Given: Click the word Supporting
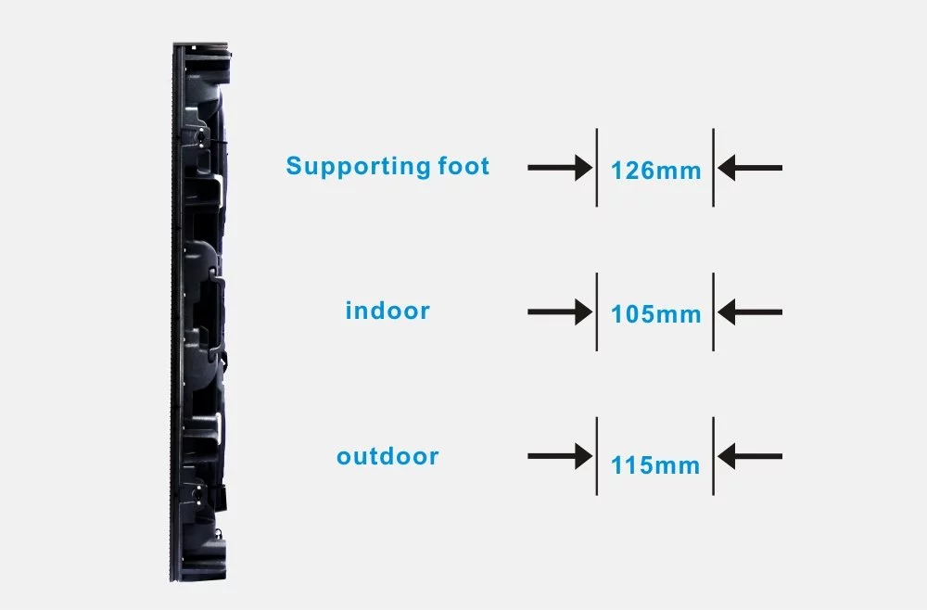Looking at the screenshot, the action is click(x=358, y=167).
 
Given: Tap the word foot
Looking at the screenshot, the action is click(x=464, y=166).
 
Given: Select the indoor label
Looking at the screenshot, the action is click(x=387, y=310).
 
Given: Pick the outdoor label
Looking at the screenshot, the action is click(x=387, y=456).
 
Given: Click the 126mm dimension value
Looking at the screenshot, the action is click(x=655, y=171).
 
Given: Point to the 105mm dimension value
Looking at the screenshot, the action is click(x=655, y=314).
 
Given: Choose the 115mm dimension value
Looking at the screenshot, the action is click(x=655, y=465).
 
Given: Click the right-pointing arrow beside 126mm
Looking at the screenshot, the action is click(x=560, y=168).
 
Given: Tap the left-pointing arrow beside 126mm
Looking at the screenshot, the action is click(x=750, y=168).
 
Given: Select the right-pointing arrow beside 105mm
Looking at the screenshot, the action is click(x=560, y=312).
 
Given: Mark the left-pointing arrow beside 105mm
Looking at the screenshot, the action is click(x=750, y=312).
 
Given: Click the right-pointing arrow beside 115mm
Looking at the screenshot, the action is click(x=560, y=456).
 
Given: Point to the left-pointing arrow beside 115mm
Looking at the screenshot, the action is click(x=750, y=456).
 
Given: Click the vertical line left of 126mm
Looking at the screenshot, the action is click(x=596, y=167).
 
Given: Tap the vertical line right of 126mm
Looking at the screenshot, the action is click(x=714, y=167).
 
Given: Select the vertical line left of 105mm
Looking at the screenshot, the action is click(x=596, y=311).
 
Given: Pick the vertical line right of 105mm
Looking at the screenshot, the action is click(x=714, y=311).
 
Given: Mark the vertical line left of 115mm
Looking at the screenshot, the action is click(x=596, y=456).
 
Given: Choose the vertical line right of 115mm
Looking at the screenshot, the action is click(x=714, y=456).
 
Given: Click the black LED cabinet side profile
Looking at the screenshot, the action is click(x=198, y=312).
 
